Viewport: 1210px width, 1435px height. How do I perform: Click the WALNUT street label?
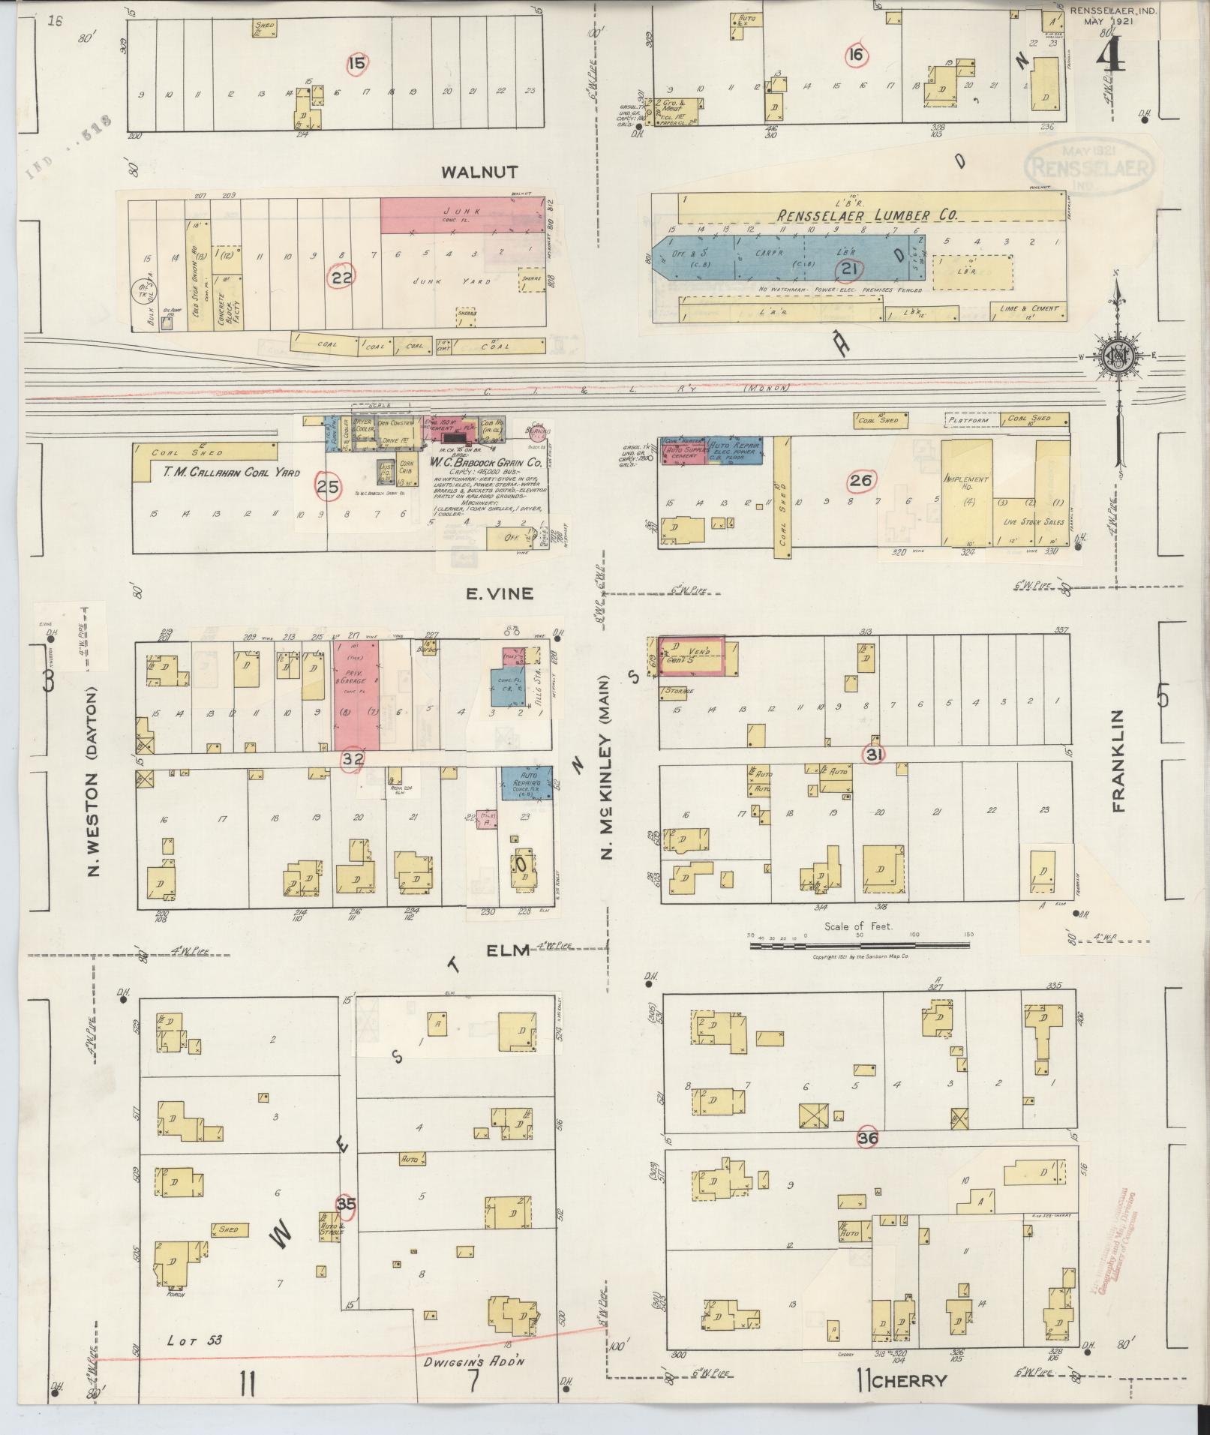[489, 173]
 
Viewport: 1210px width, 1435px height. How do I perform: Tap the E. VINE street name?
[500, 593]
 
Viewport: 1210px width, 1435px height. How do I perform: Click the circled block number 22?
[342, 276]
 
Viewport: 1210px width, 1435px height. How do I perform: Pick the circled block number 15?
[358, 64]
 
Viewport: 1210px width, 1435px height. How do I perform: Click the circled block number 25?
[327, 488]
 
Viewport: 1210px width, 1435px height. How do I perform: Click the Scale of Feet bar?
[859, 946]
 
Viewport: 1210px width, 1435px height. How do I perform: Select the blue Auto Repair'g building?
[527, 782]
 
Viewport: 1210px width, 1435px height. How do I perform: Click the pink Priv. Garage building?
[356, 693]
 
